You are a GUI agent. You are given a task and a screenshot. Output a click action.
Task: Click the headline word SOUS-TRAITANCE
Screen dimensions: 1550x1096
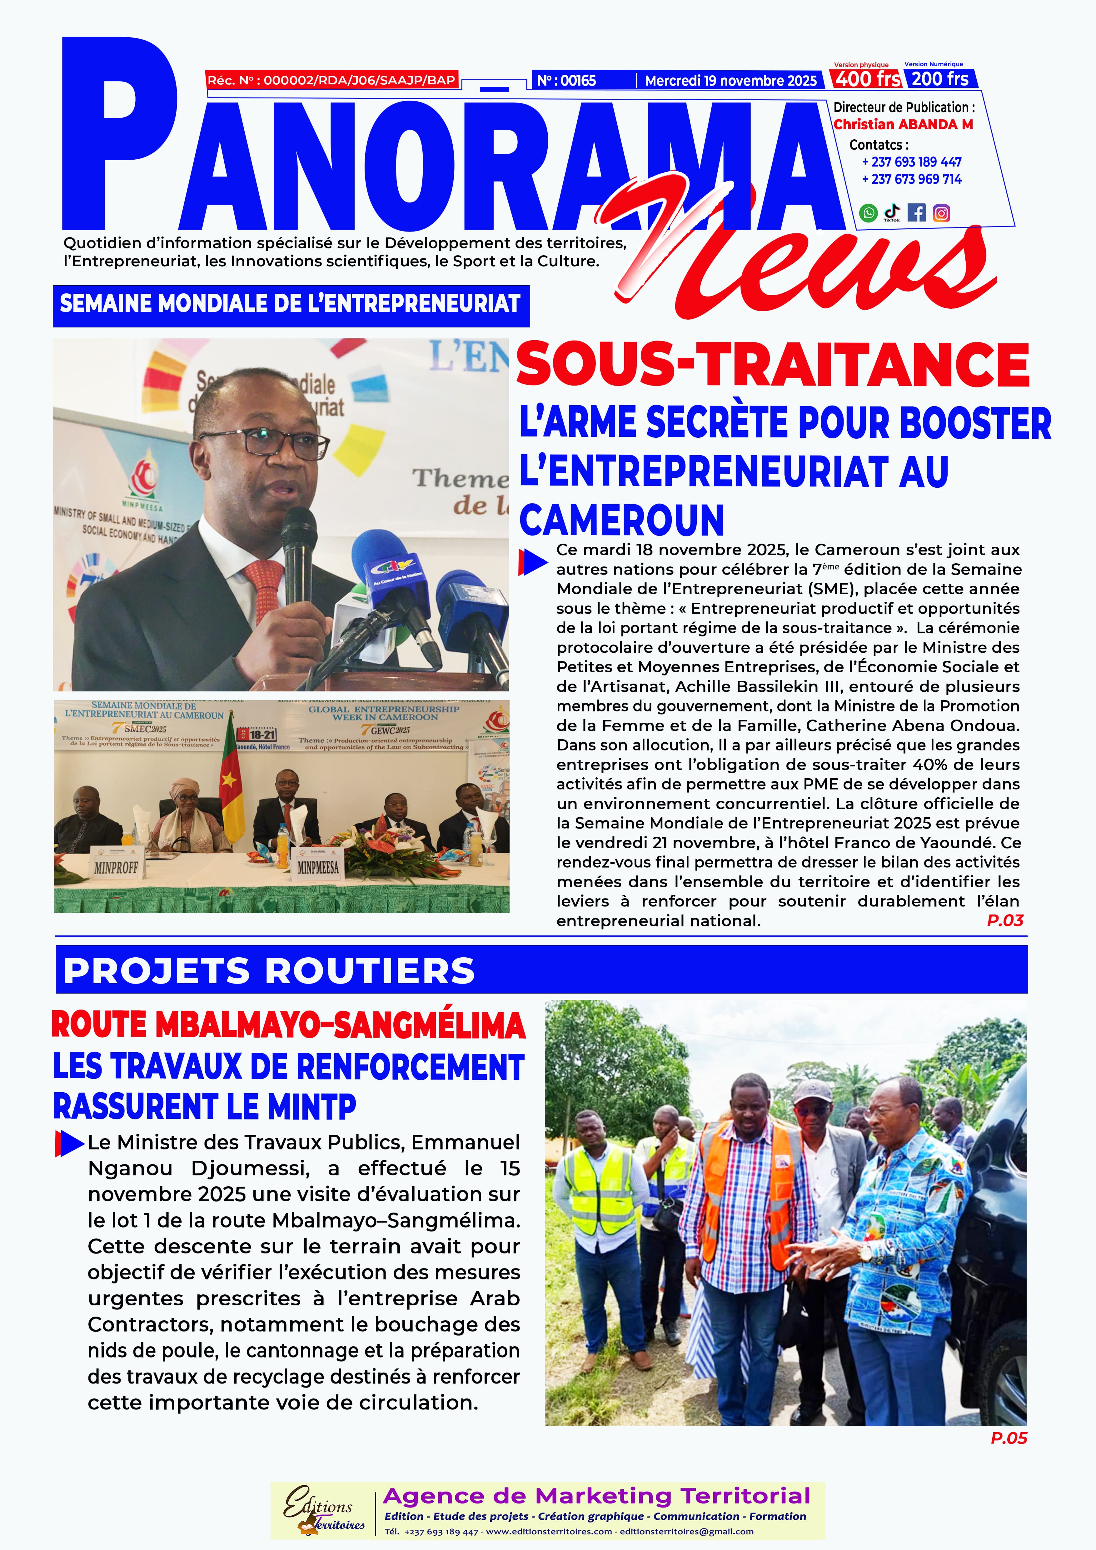point(773,365)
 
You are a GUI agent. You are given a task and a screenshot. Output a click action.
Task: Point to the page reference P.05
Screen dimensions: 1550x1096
point(1008,1438)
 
